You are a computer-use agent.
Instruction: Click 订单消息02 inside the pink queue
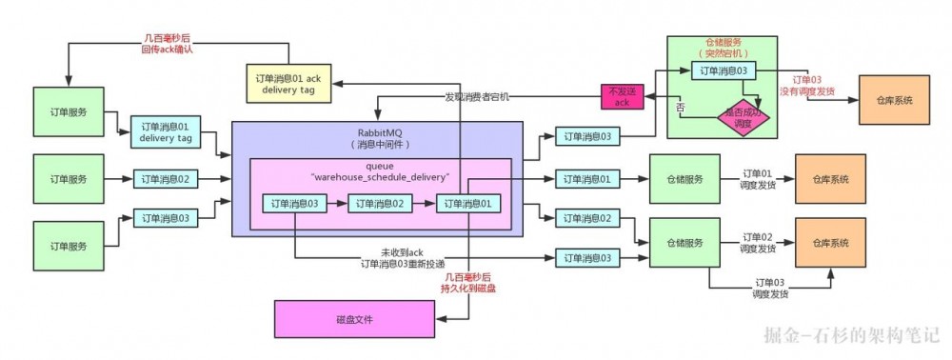pos(380,203)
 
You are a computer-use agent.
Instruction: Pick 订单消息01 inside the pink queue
pos(467,203)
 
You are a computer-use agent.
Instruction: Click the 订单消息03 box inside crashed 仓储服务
pos(729,70)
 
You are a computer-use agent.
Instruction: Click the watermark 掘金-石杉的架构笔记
pos(851,335)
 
